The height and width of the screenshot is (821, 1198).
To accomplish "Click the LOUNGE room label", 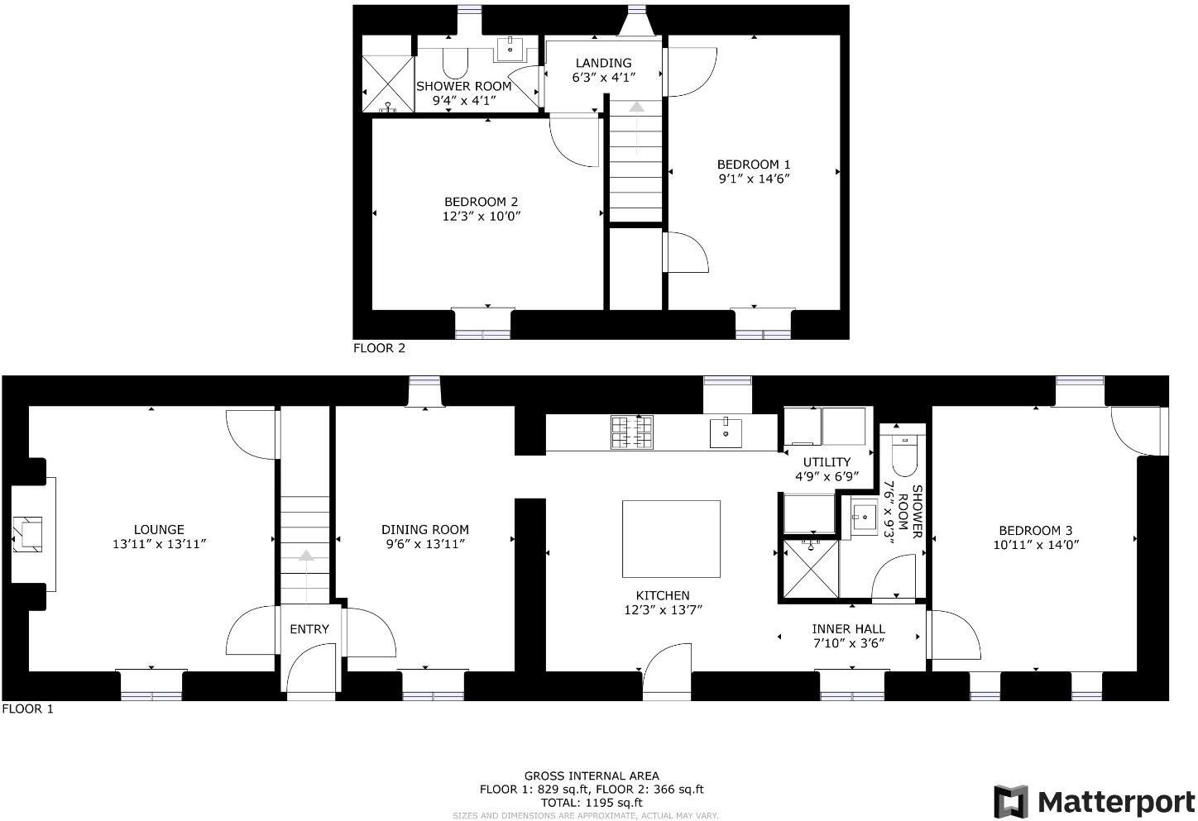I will [x=159, y=530].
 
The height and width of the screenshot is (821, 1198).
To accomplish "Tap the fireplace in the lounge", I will [x=31, y=534].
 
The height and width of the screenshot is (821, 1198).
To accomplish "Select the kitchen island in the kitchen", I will [x=671, y=538].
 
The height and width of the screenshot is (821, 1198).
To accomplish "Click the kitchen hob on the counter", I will [x=632, y=432].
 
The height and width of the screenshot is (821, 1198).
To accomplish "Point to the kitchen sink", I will [x=726, y=432].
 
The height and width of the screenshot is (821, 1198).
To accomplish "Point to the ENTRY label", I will [x=309, y=629].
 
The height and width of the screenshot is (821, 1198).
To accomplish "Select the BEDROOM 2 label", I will [x=481, y=202].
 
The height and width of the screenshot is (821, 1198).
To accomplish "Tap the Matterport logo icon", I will [x=1010, y=801].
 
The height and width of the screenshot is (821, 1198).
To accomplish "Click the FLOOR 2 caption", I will [x=379, y=348].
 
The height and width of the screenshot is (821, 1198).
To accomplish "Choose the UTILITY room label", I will [x=827, y=462].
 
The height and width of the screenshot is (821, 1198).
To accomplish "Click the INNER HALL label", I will [x=848, y=629].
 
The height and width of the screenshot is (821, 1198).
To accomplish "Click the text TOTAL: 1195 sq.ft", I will [x=592, y=802].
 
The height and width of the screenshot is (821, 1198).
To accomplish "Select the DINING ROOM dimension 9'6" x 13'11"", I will [x=424, y=544].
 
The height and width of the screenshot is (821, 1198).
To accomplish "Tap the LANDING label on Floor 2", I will [x=603, y=63].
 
